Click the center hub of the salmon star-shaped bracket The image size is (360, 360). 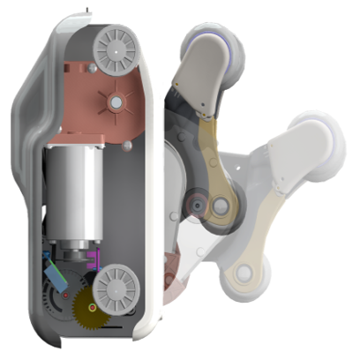tap(114, 102)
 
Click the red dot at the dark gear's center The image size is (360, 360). tap(64, 291)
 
